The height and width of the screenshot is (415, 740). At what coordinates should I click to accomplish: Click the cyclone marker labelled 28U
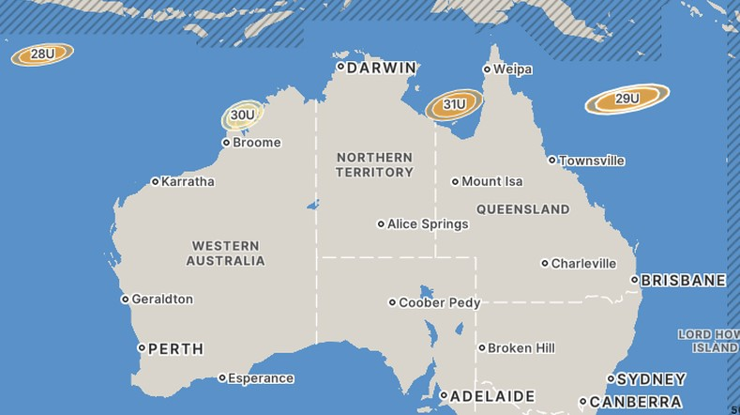coord(42,54)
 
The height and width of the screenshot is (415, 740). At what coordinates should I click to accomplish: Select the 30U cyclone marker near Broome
coord(242,115)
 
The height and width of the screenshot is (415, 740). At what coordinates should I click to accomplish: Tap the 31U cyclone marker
coord(454,104)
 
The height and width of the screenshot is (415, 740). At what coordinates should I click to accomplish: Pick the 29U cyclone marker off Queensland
coord(627,99)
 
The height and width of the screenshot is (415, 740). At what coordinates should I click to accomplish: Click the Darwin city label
coord(381,68)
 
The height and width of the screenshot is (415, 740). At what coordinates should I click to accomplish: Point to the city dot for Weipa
coord(487,69)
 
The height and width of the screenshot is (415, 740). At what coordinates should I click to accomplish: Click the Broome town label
coord(256,143)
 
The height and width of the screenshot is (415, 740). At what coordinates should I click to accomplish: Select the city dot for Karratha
coord(155,181)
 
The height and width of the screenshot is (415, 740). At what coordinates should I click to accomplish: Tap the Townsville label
coord(592,161)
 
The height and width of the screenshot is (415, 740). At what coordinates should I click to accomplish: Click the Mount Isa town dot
coord(455,181)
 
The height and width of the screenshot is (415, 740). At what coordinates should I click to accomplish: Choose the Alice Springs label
coord(428,224)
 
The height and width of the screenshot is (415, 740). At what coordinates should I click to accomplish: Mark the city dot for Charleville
coord(545,264)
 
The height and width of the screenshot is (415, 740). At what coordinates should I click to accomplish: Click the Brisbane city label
coord(684,280)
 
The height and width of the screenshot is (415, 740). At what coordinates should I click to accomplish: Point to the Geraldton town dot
coord(125,300)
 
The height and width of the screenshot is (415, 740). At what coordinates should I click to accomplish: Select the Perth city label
coord(175,348)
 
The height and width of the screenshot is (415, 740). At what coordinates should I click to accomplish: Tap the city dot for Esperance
coord(222,378)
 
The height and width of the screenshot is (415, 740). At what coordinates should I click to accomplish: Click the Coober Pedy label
coord(439,303)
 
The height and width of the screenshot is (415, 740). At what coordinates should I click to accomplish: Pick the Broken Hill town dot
coord(482,348)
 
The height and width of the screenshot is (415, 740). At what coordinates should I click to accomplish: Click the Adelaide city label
coord(492,396)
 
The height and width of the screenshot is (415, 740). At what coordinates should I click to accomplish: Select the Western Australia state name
coord(225,254)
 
